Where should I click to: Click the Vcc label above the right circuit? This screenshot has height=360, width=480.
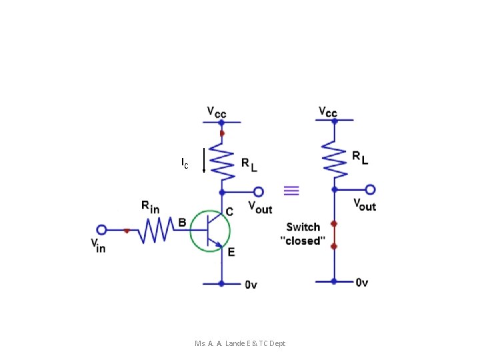pos(328,112)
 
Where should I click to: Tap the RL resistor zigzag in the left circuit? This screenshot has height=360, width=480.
pos(221,162)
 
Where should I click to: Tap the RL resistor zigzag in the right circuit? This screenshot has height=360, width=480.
pos(334,161)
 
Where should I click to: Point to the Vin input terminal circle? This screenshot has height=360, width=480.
pos(101,230)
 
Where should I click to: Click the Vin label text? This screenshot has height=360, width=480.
pos(98,245)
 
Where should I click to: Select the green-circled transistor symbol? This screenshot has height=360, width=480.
pos(210,231)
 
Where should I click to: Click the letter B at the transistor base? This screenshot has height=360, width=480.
pos(181,223)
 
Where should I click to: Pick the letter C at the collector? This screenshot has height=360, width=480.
pos(229,211)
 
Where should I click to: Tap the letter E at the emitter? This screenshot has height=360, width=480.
pos(231,251)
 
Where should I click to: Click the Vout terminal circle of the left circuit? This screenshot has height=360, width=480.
pos(258,190)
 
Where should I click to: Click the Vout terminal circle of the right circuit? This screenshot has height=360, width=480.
pos(370,190)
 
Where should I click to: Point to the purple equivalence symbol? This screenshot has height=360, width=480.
pos(291,191)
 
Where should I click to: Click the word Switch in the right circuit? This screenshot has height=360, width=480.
pos(303,227)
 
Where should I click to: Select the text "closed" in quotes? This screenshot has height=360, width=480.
pos(303,241)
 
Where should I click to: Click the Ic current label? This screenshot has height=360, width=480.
pos(185,162)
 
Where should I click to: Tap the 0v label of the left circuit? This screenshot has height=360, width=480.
pos(251,285)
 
